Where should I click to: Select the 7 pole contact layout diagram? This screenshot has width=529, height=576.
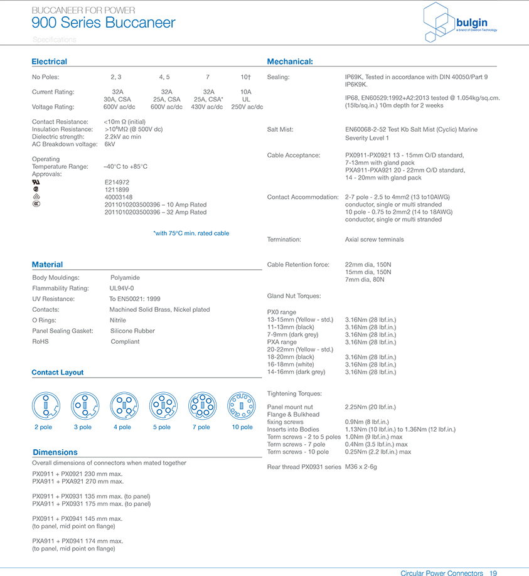[202, 405]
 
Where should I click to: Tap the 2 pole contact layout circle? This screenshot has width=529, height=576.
[45, 405]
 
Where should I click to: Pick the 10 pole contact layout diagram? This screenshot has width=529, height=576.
[242, 405]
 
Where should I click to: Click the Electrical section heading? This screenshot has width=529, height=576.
[49, 61]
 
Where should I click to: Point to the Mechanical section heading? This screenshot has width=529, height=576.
[290, 61]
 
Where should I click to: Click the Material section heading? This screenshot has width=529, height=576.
[47, 264]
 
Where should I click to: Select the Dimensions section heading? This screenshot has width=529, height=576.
[55, 452]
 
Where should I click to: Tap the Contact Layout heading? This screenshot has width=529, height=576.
[57, 372]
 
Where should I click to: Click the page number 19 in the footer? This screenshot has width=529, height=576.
[493, 573]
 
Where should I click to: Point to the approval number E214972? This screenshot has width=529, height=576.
[117, 182]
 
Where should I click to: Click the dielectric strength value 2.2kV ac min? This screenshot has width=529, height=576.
[123, 137]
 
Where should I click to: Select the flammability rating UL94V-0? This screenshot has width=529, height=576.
[122, 288]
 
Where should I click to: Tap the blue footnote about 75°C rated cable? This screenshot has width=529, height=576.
[191, 233]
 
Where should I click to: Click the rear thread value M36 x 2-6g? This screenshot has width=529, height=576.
[361, 467]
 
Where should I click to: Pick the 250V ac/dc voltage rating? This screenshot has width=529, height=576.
[247, 107]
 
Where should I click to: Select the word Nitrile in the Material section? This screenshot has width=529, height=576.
[118, 320]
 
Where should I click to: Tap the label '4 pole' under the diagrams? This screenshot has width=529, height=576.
[122, 427]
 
